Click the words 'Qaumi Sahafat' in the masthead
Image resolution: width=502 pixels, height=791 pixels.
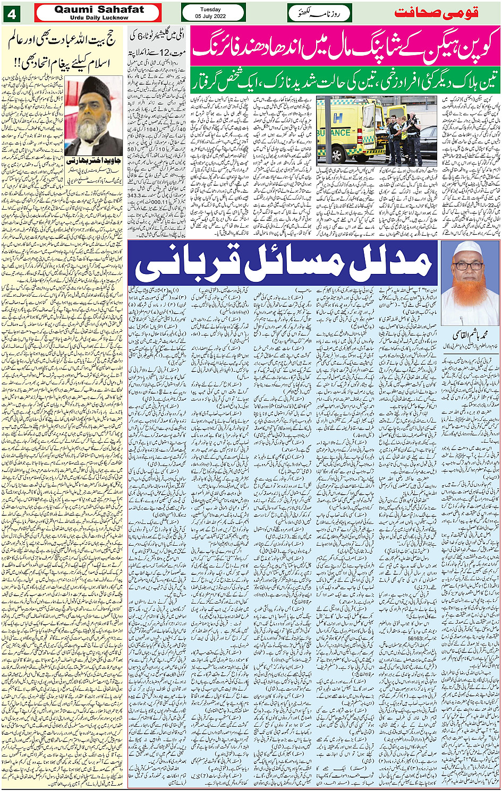99,10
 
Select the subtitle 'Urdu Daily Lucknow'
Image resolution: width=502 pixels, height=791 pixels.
99,18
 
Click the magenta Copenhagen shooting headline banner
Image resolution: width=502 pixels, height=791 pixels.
345,47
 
